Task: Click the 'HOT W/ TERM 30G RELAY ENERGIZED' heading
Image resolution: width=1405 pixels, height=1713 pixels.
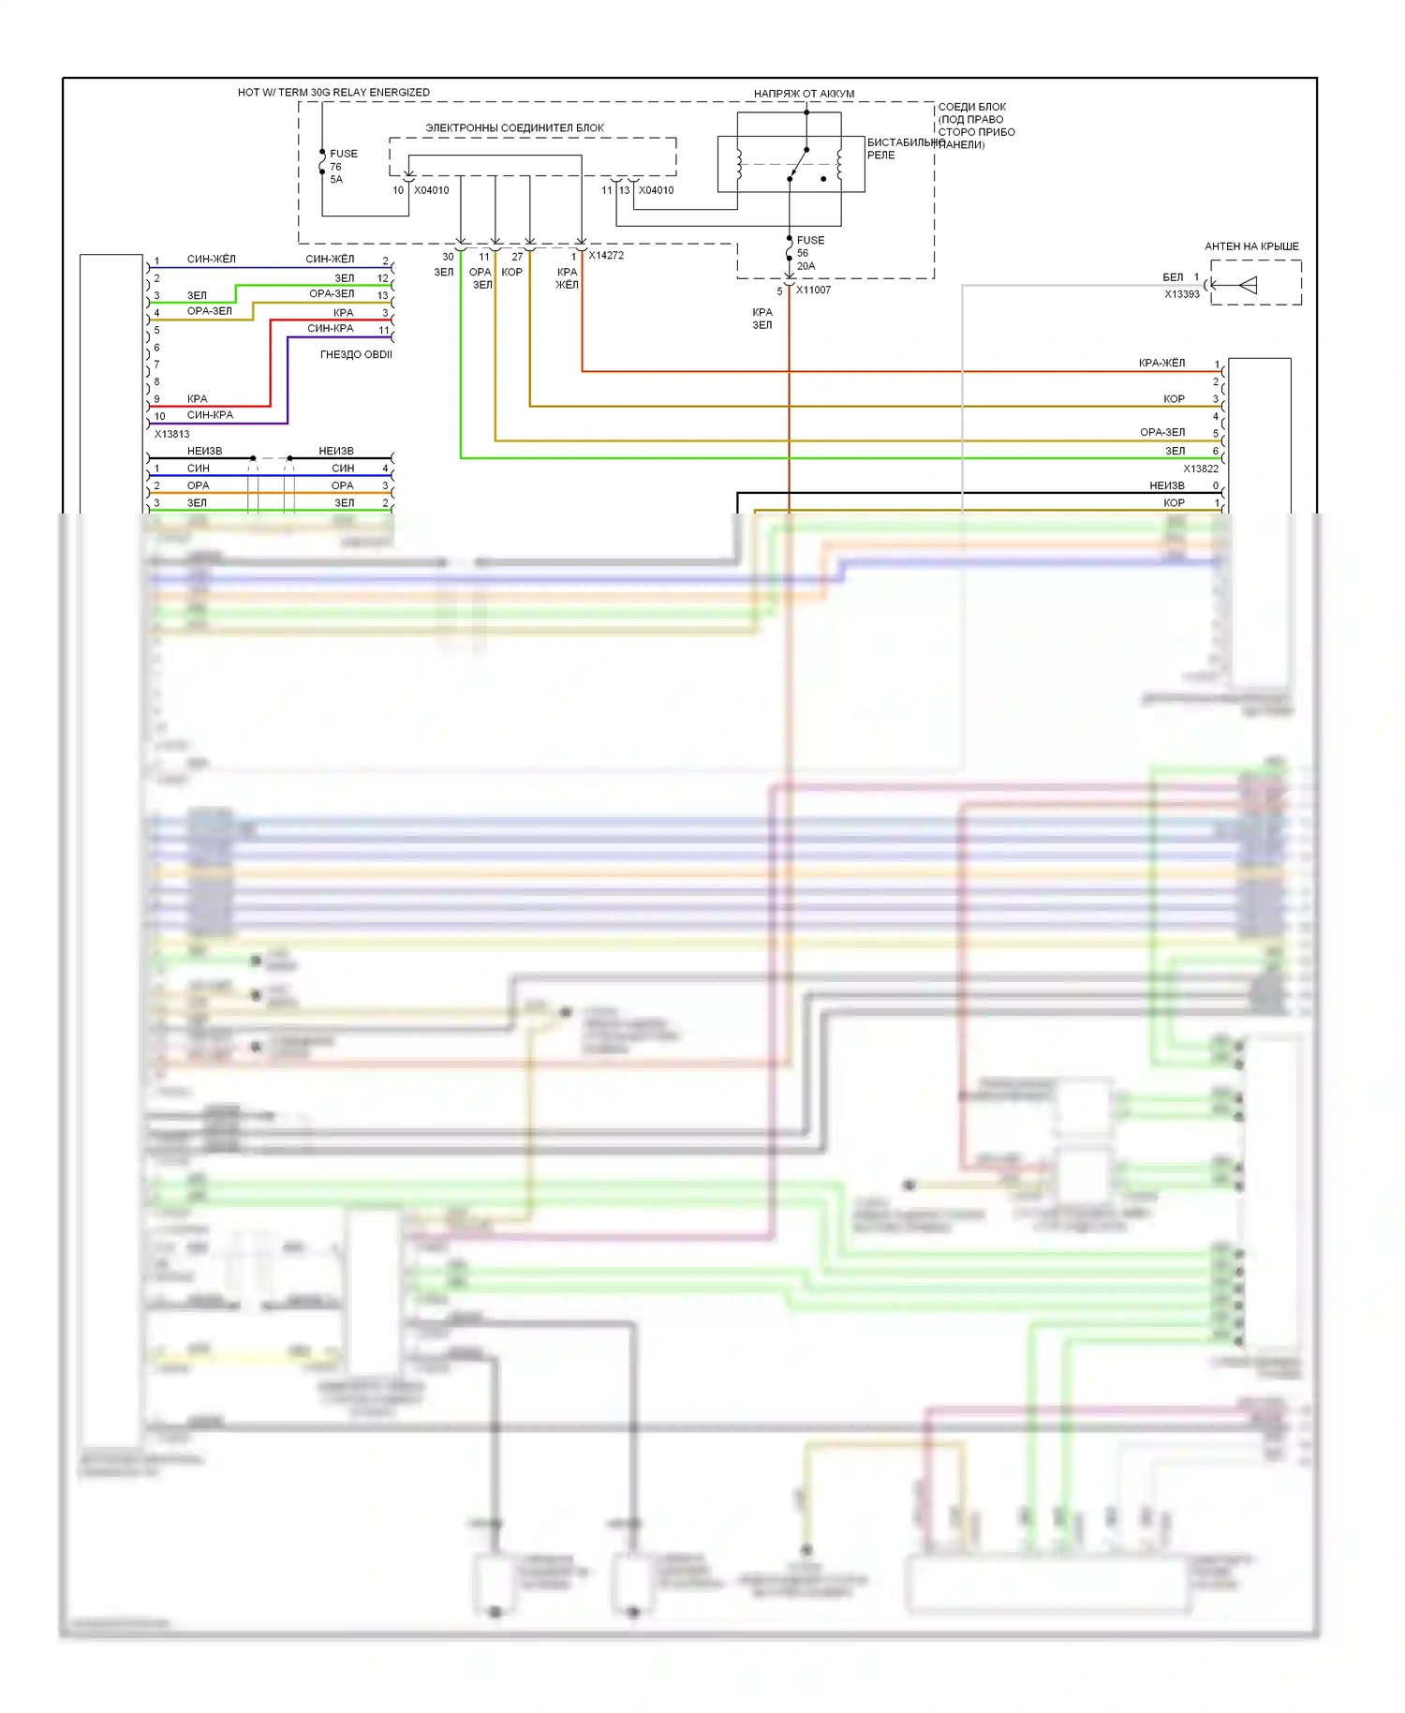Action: pyautogui.click(x=333, y=92)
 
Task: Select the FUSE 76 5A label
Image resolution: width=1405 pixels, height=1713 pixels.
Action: pyautogui.click(x=342, y=166)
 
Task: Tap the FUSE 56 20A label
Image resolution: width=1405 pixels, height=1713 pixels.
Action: pyautogui.click(x=809, y=253)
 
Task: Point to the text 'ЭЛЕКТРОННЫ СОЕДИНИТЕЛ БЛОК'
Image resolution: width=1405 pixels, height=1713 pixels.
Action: pyautogui.click(x=514, y=127)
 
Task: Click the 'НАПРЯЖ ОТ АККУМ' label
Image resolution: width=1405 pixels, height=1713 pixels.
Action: pyautogui.click(x=804, y=94)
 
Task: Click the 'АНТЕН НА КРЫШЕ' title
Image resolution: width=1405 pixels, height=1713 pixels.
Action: pyautogui.click(x=1251, y=246)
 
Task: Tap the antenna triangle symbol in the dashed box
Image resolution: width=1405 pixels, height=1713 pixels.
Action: pyautogui.click(x=1246, y=285)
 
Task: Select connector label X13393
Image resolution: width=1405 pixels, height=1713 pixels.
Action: pyautogui.click(x=1181, y=294)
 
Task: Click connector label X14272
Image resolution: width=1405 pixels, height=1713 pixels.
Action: pyautogui.click(x=606, y=255)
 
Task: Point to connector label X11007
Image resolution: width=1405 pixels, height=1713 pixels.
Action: pyautogui.click(x=813, y=290)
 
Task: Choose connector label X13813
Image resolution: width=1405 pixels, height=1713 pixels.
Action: pyautogui.click(x=171, y=434)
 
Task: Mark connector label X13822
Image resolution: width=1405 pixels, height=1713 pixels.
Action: pyautogui.click(x=1200, y=469)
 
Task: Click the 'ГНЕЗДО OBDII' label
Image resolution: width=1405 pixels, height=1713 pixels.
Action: pyautogui.click(x=356, y=354)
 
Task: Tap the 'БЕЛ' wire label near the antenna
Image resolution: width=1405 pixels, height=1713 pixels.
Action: pyautogui.click(x=1173, y=277)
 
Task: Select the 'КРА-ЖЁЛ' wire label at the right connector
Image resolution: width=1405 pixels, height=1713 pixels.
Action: pyautogui.click(x=1161, y=363)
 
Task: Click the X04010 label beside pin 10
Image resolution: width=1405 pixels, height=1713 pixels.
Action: pyautogui.click(x=431, y=190)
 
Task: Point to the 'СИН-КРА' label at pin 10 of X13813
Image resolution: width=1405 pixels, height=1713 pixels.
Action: pyautogui.click(x=210, y=415)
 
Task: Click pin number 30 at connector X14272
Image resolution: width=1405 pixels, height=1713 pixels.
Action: pyautogui.click(x=448, y=257)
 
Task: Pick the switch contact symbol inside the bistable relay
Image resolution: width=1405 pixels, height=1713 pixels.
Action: pyautogui.click(x=798, y=164)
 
